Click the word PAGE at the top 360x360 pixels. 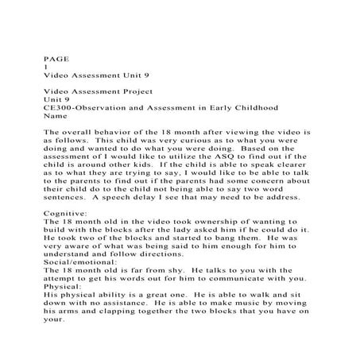click(53, 58)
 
